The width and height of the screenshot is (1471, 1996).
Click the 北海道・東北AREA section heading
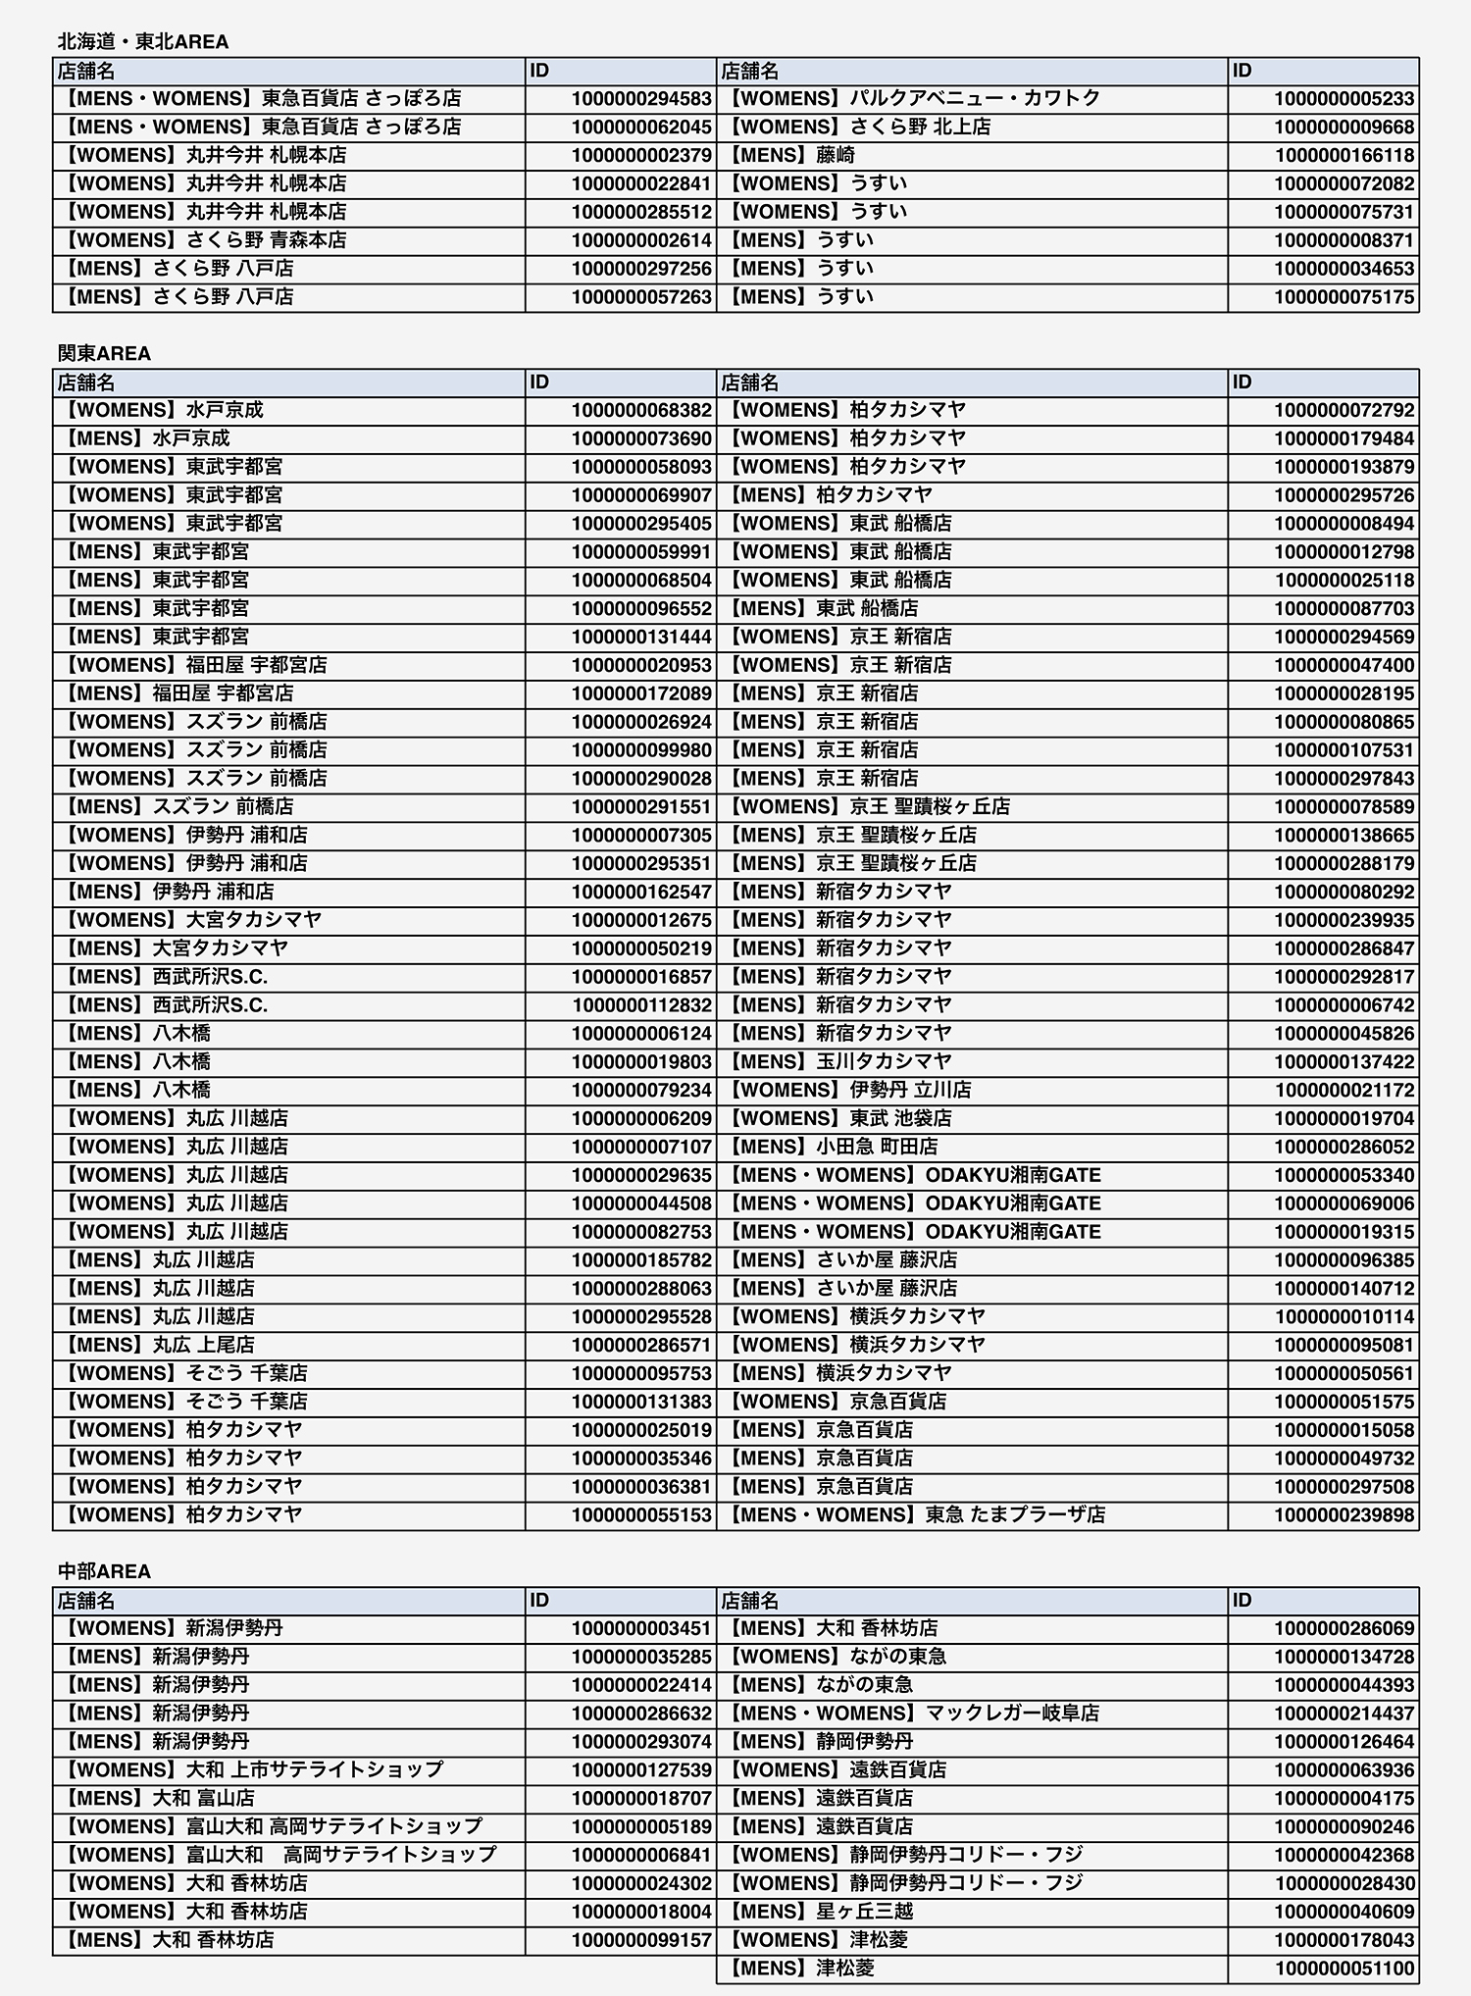pos(143,41)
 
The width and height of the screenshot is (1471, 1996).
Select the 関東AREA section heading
pos(104,353)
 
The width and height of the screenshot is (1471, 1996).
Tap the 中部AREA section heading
pos(104,1571)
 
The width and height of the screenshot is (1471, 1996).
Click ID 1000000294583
pos(641,99)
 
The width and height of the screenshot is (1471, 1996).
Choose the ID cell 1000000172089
pos(641,693)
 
